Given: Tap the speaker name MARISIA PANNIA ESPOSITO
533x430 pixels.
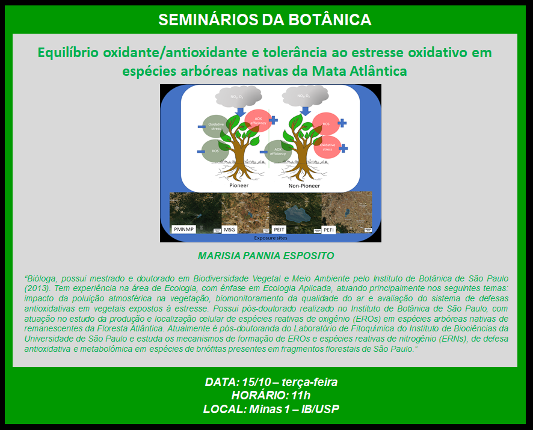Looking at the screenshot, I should (266, 256).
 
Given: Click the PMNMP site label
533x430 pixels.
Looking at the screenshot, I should (184, 229).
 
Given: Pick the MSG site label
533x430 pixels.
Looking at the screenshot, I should (230, 230).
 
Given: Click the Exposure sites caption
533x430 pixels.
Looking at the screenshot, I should (270, 238).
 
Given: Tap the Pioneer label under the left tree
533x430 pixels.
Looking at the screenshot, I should (238, 186).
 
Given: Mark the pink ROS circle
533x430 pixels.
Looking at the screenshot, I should (326, 124).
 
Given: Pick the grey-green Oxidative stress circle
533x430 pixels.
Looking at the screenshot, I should (216, 126).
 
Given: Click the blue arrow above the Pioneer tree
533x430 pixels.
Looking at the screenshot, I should (240, 112).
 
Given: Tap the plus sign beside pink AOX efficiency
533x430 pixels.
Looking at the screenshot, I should (273, 120).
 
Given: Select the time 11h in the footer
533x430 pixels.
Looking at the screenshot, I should (300, 396).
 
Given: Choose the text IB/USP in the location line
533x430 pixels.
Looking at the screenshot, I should (318, 410).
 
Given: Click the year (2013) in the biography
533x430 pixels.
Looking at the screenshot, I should (37, 287).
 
